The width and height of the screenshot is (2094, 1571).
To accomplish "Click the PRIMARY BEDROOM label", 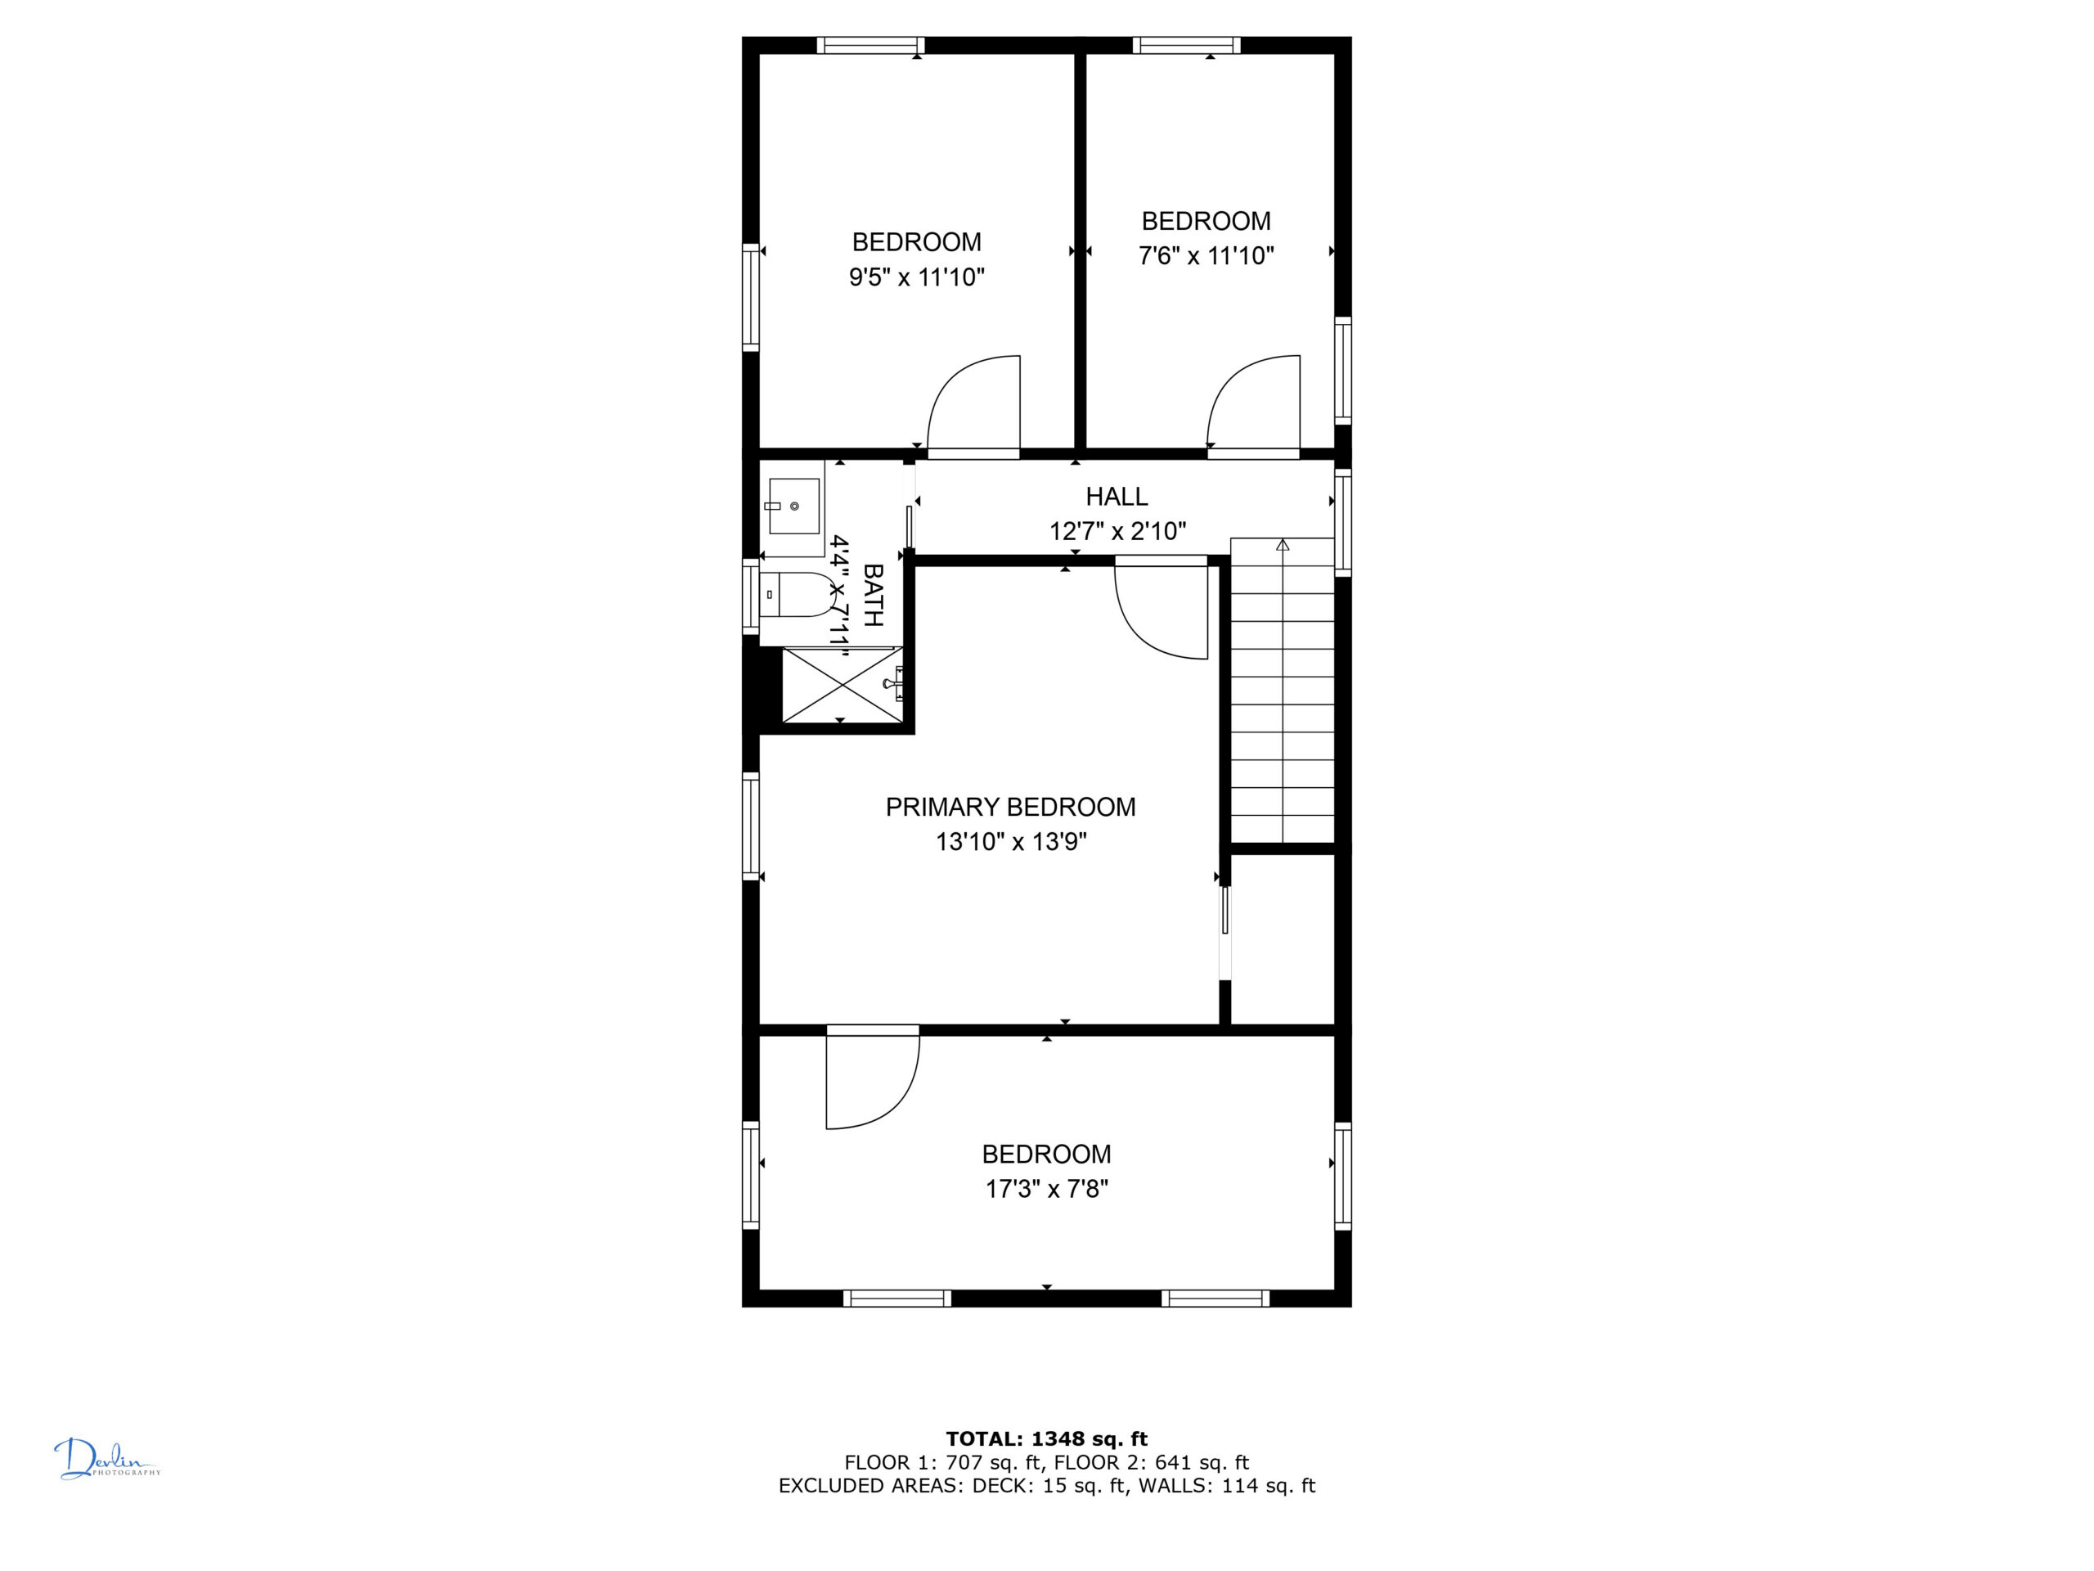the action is [x=1010, y=807].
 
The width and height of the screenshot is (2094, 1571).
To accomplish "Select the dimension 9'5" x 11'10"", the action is [x=916, y=277].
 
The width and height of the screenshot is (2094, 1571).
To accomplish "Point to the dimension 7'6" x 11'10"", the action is [x=1206, y=255].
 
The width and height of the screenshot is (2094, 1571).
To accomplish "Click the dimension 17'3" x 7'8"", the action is [x=1047, y=1188].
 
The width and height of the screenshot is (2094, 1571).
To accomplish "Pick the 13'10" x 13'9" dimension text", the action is [x=1011, y=842].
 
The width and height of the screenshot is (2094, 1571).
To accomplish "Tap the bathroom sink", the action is [x=793, y=506].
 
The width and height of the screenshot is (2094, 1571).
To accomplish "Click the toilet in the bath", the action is [x=797, y=595].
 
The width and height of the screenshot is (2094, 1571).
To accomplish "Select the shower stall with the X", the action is [x=841, y=685].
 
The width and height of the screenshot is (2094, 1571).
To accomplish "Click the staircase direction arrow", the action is [x=1283, y=544].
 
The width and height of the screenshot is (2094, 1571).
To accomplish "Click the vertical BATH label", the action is [x=873, y=595].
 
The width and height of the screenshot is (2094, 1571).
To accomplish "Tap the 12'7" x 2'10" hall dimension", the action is [x=1117, y=531].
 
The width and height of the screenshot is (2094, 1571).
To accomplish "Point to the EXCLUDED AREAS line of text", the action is [x=1047, y=1486].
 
